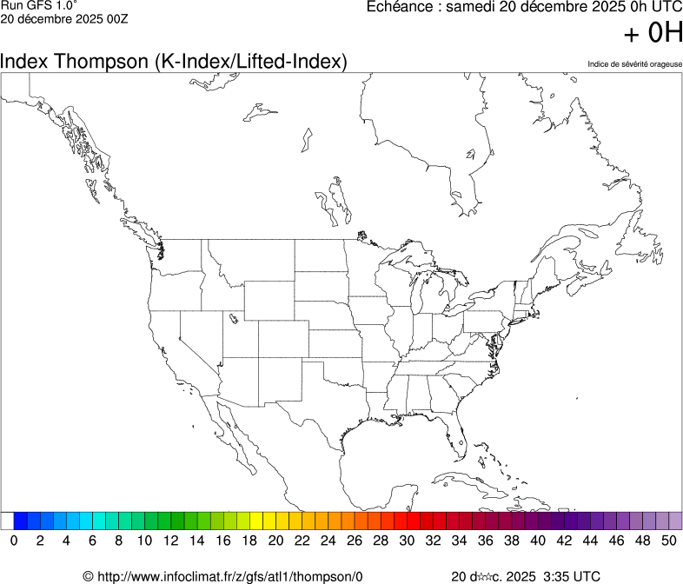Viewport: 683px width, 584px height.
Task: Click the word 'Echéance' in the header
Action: coord(399,7)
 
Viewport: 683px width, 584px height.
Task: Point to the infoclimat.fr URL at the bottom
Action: coord(222,576)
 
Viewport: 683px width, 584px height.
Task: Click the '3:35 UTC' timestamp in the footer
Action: coord(571,576)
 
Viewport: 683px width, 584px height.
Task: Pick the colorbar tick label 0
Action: coord(14,541)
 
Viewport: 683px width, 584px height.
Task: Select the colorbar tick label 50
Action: coord(668,541)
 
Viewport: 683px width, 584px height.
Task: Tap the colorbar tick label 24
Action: coord(328,541)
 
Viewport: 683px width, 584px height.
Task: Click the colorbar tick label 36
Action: coord(485,541)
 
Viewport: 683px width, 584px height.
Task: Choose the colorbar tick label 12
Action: coord(170,541)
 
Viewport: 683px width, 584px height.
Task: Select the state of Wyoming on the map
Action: coord(269,300)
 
